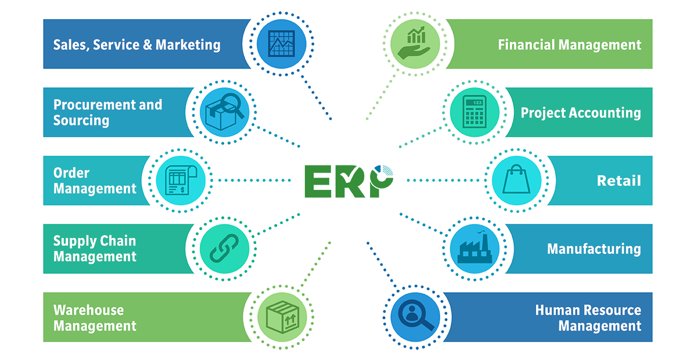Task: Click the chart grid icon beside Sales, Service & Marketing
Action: point(281,44)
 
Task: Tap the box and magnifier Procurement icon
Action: point(224,112)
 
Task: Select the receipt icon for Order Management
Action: point(181,180)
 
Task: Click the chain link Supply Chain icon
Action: point(224,249)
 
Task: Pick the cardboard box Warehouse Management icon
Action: point(282,317)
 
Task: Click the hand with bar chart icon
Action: point(415,43)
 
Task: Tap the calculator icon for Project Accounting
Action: point(475,111)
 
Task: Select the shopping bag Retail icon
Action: point(516,179)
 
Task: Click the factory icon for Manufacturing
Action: point(475,248)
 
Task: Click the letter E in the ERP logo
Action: point(318,181)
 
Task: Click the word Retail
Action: point(619,181)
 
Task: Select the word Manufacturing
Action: point(594,249)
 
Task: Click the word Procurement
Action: point(94,105)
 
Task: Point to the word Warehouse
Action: point(88,310)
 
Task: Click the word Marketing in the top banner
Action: point(188,45)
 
